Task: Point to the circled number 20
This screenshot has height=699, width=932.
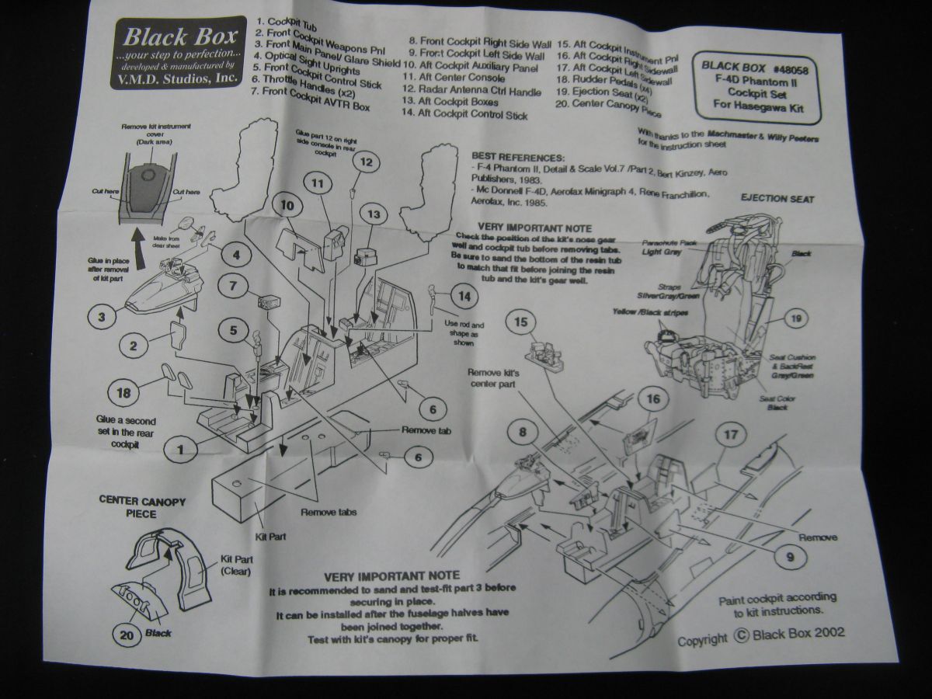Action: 127,634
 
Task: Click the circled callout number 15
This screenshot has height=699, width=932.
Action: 522,322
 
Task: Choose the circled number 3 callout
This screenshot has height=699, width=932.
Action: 102,316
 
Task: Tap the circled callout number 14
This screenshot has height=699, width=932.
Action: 462,296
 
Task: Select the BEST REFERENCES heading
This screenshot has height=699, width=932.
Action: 516,156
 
